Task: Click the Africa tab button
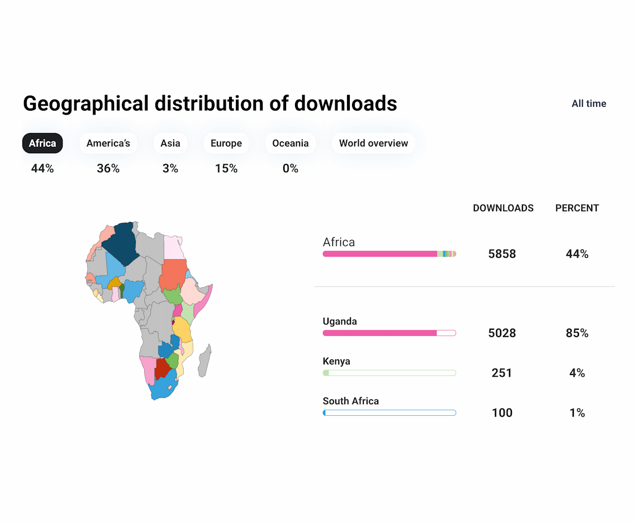42,144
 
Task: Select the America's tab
108,144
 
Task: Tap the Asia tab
170,144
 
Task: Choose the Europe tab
226,144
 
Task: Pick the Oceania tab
290,144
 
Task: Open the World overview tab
373,144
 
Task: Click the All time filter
588,103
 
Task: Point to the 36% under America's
108,168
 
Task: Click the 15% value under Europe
226,168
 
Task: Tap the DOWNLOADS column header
503,208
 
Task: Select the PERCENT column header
577,208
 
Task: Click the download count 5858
502,254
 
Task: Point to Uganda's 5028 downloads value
502,333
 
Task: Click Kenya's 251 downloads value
502,373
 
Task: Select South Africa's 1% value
577,412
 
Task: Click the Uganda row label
340,321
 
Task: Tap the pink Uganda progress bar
380,333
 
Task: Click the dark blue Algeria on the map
121,243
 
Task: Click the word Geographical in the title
86,103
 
